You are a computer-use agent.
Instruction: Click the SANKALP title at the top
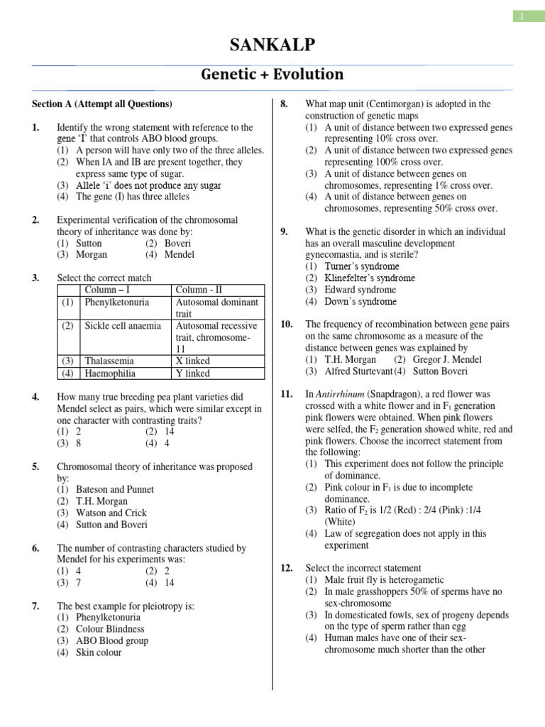click(x=272, y=46)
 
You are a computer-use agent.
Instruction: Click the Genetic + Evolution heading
click(x=272, y=75)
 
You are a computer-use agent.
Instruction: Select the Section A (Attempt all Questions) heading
click(x=102, y=104)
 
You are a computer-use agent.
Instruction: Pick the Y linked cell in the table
click(x=192, y=373)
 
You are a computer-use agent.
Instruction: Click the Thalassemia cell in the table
click(x=109, y=361)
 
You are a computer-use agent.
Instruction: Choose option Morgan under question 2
click(x=93, y=254)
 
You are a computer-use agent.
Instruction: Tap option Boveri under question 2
click(x=178, y=243)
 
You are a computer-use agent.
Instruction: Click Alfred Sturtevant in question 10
click(x=358, y=371)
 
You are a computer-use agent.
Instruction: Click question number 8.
click(x=284, y=104)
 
